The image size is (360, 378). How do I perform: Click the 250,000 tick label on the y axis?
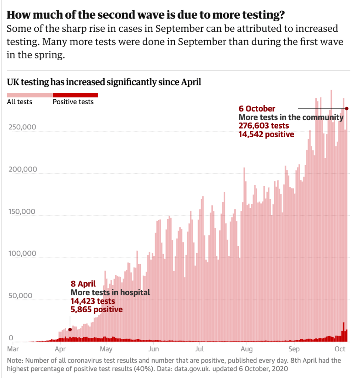(x=22, y=127)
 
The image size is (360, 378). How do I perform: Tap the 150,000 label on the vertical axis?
(x=22, y=212)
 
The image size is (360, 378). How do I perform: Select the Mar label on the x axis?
(x=13, y=349)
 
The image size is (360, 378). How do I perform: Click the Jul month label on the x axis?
(x=200, y=349)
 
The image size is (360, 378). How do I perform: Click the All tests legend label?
(x=20, y=102)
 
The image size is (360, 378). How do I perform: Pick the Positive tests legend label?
(x=73, y=102)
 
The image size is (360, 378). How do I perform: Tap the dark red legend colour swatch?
(x=75, y=95)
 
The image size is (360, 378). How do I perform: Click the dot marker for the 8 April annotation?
(x=70, y=319)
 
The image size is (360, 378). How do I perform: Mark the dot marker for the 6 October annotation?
(x=347, y=108)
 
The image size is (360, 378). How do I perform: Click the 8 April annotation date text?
(x=83, y=284)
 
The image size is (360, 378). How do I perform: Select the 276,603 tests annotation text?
(x=264, y=126)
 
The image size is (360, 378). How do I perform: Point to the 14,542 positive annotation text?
(x=266, y=134)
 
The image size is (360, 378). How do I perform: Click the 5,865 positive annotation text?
(x=96, y=310)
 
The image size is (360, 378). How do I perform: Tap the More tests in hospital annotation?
(x=110, y=293)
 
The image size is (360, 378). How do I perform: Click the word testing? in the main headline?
(x=262, y=16)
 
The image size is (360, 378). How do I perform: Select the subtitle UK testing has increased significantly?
(x=104, y=82)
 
